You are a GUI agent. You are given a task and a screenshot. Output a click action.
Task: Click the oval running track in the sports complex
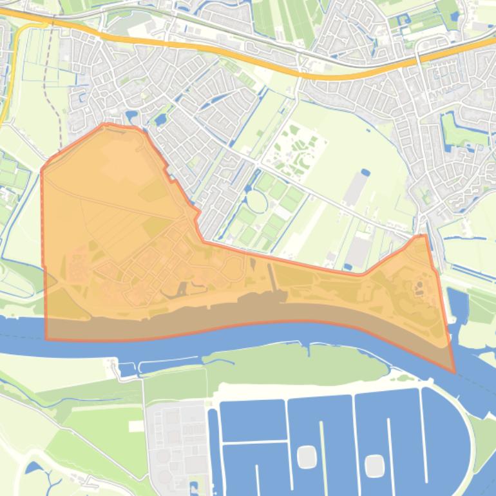[x=256, y=202]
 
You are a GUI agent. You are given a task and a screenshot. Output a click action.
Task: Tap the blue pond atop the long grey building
[x=366, y=173]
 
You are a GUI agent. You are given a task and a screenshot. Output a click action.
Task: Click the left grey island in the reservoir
[x=307, y=457]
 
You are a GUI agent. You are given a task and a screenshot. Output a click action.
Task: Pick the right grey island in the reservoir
[x=374, y=465]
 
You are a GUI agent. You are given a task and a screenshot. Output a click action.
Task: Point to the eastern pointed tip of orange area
[x=454, y=372]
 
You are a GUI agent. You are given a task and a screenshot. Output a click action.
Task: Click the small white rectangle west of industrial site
[x=136, y=426]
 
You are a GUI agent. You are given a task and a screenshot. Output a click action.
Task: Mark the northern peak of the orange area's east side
[x=424, y=236]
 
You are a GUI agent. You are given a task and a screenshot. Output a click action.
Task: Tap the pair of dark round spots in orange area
[x=419, y=283]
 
